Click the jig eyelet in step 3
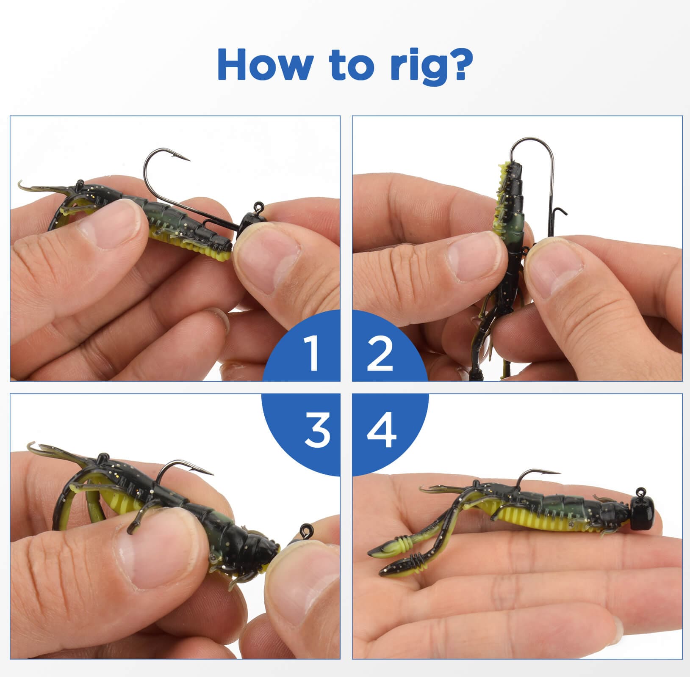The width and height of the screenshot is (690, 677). (x=305, y=528)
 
